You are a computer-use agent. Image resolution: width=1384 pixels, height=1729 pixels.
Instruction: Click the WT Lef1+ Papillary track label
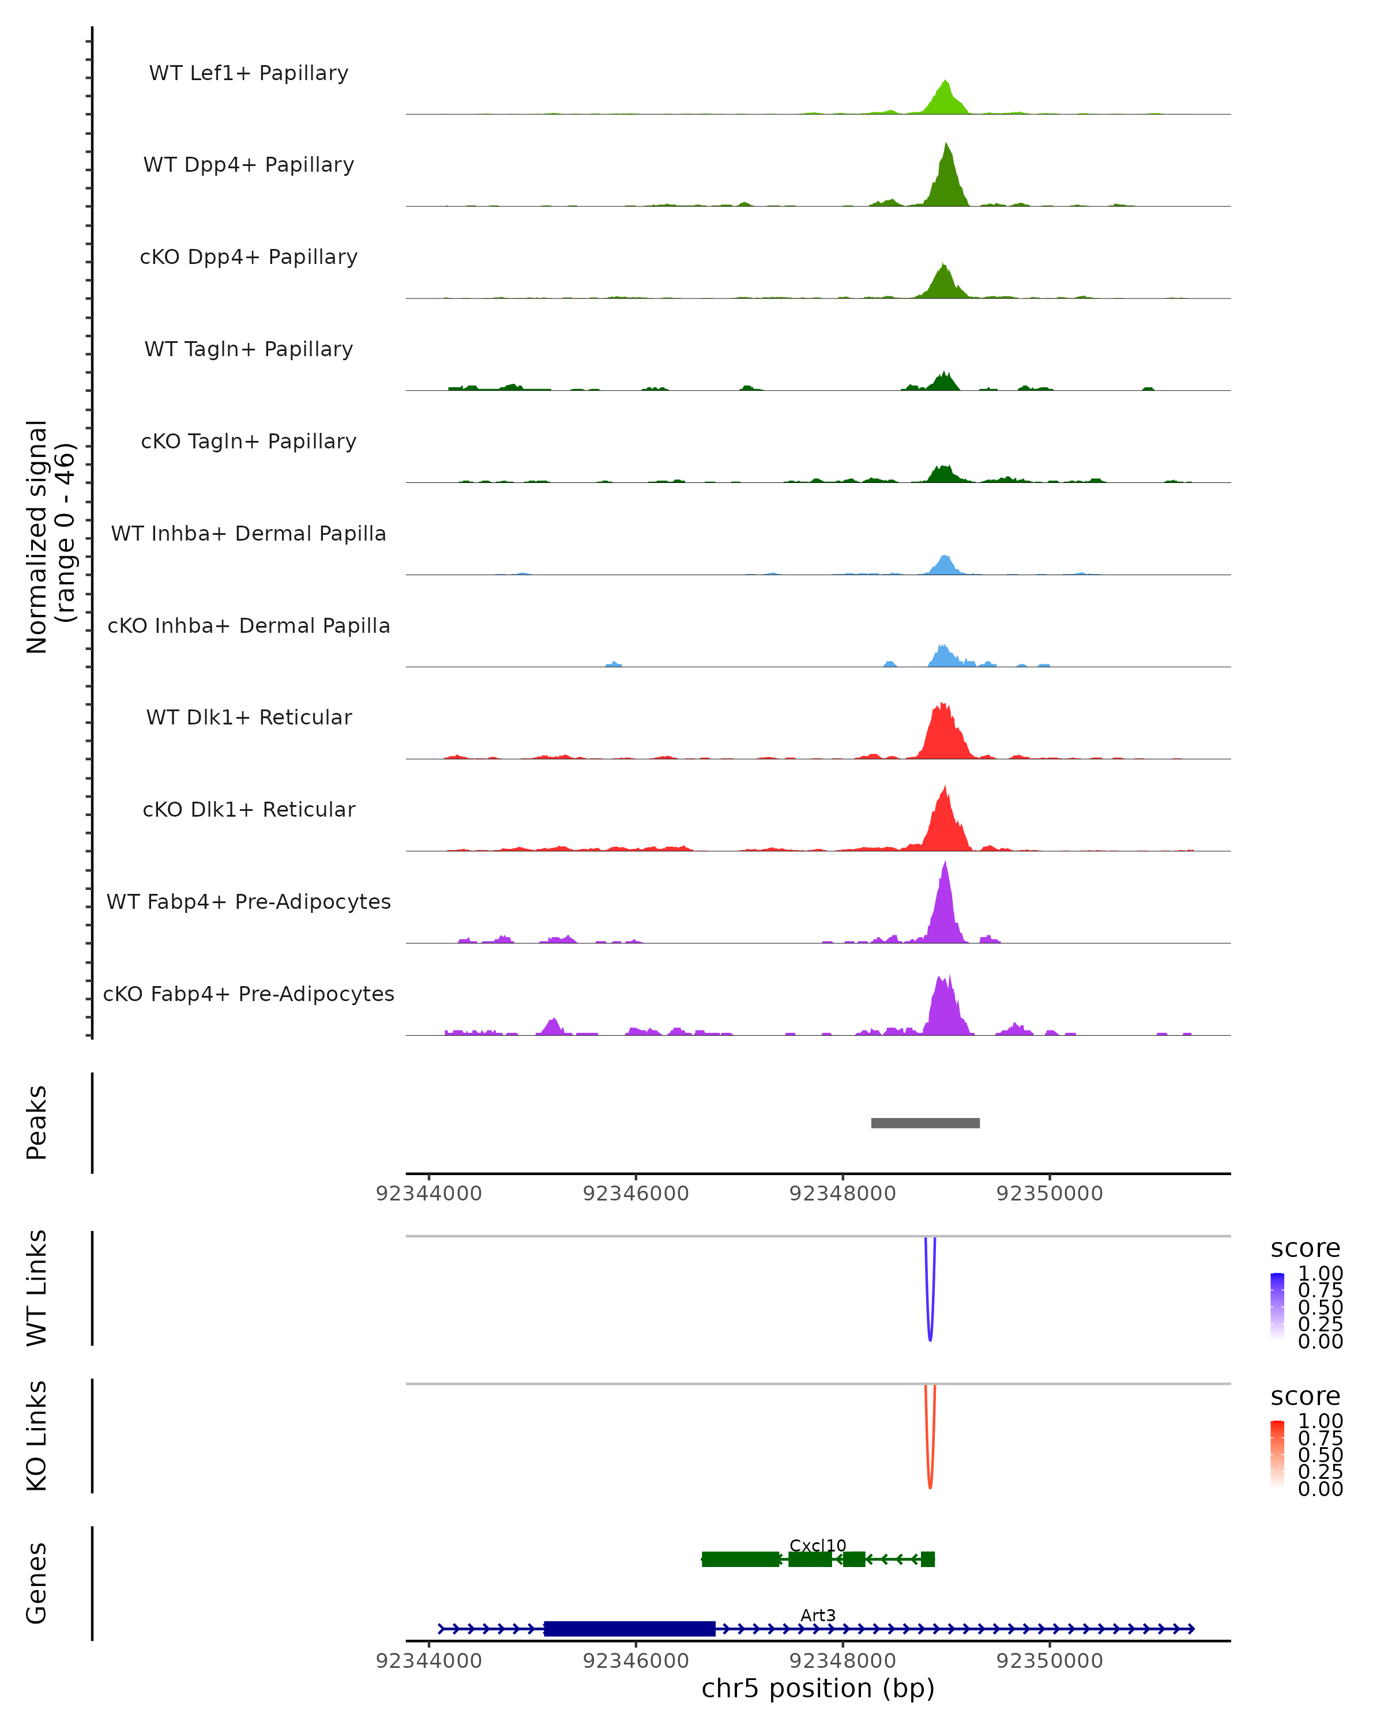click(x=249, y=73)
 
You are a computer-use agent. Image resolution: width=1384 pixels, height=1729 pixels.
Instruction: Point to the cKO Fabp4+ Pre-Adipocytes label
click(x=249, y=994)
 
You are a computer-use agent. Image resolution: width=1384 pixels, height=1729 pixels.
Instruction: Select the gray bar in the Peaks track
click(x=925, y=1123)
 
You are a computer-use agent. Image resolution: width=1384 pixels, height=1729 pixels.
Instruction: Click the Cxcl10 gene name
click(x=818, y=1545)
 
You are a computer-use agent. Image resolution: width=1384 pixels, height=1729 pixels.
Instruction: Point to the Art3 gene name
click(x=818, y=1615)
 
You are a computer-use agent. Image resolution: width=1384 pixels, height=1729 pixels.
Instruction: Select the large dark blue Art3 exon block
click(x=629, y=1629)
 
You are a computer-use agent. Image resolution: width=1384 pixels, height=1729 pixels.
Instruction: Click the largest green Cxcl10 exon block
click(x=740, y=1559)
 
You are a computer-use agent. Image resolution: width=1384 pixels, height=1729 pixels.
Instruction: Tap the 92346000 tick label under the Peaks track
click(x=635, y=1194)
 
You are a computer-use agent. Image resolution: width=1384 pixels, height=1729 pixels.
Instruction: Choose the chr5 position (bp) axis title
click(x=818, y=1689)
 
